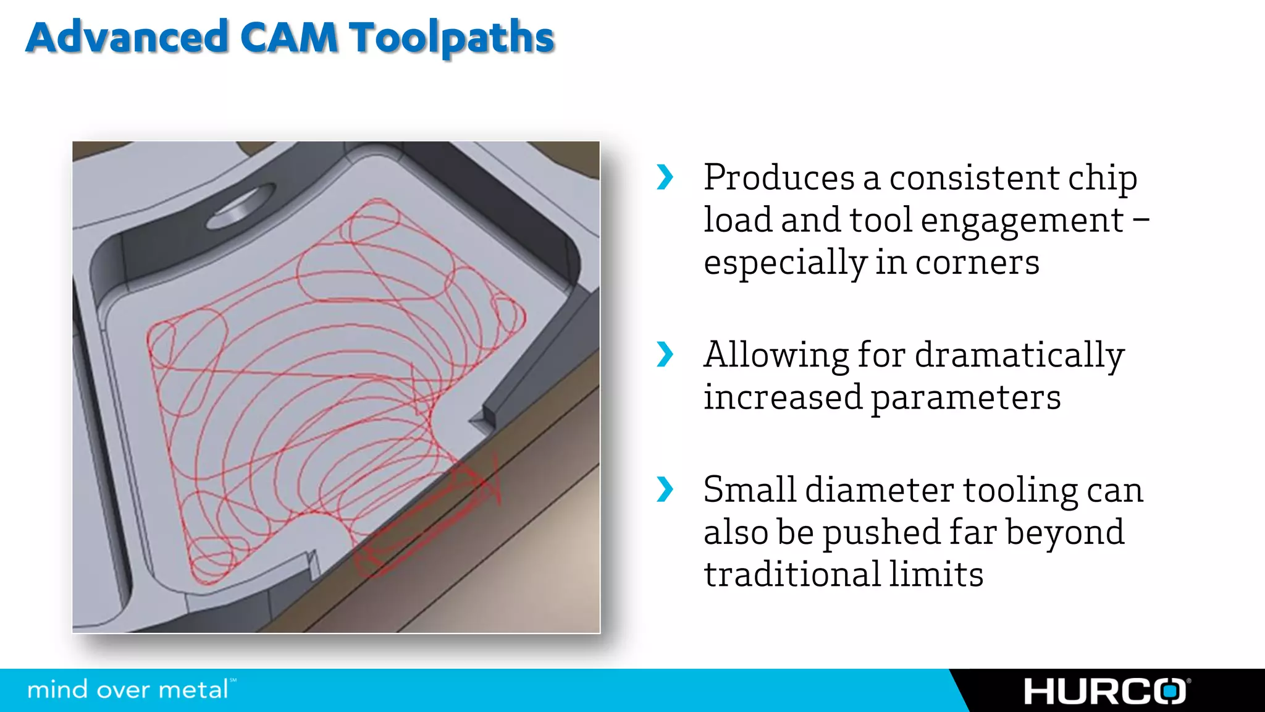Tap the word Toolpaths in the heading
tap(452, 38)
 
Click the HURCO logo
tap(1106, 691)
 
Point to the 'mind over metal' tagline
tap(128, 690)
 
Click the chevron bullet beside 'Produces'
tap(665, 177)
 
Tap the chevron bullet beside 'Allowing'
tap(665, 354)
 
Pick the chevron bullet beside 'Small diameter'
tap(665, 489)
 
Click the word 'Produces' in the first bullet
tap(779, 178)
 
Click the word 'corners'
tap(977, 263)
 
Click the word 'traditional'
tap(791, 574)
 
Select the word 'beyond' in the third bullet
tap(1065, 533)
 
